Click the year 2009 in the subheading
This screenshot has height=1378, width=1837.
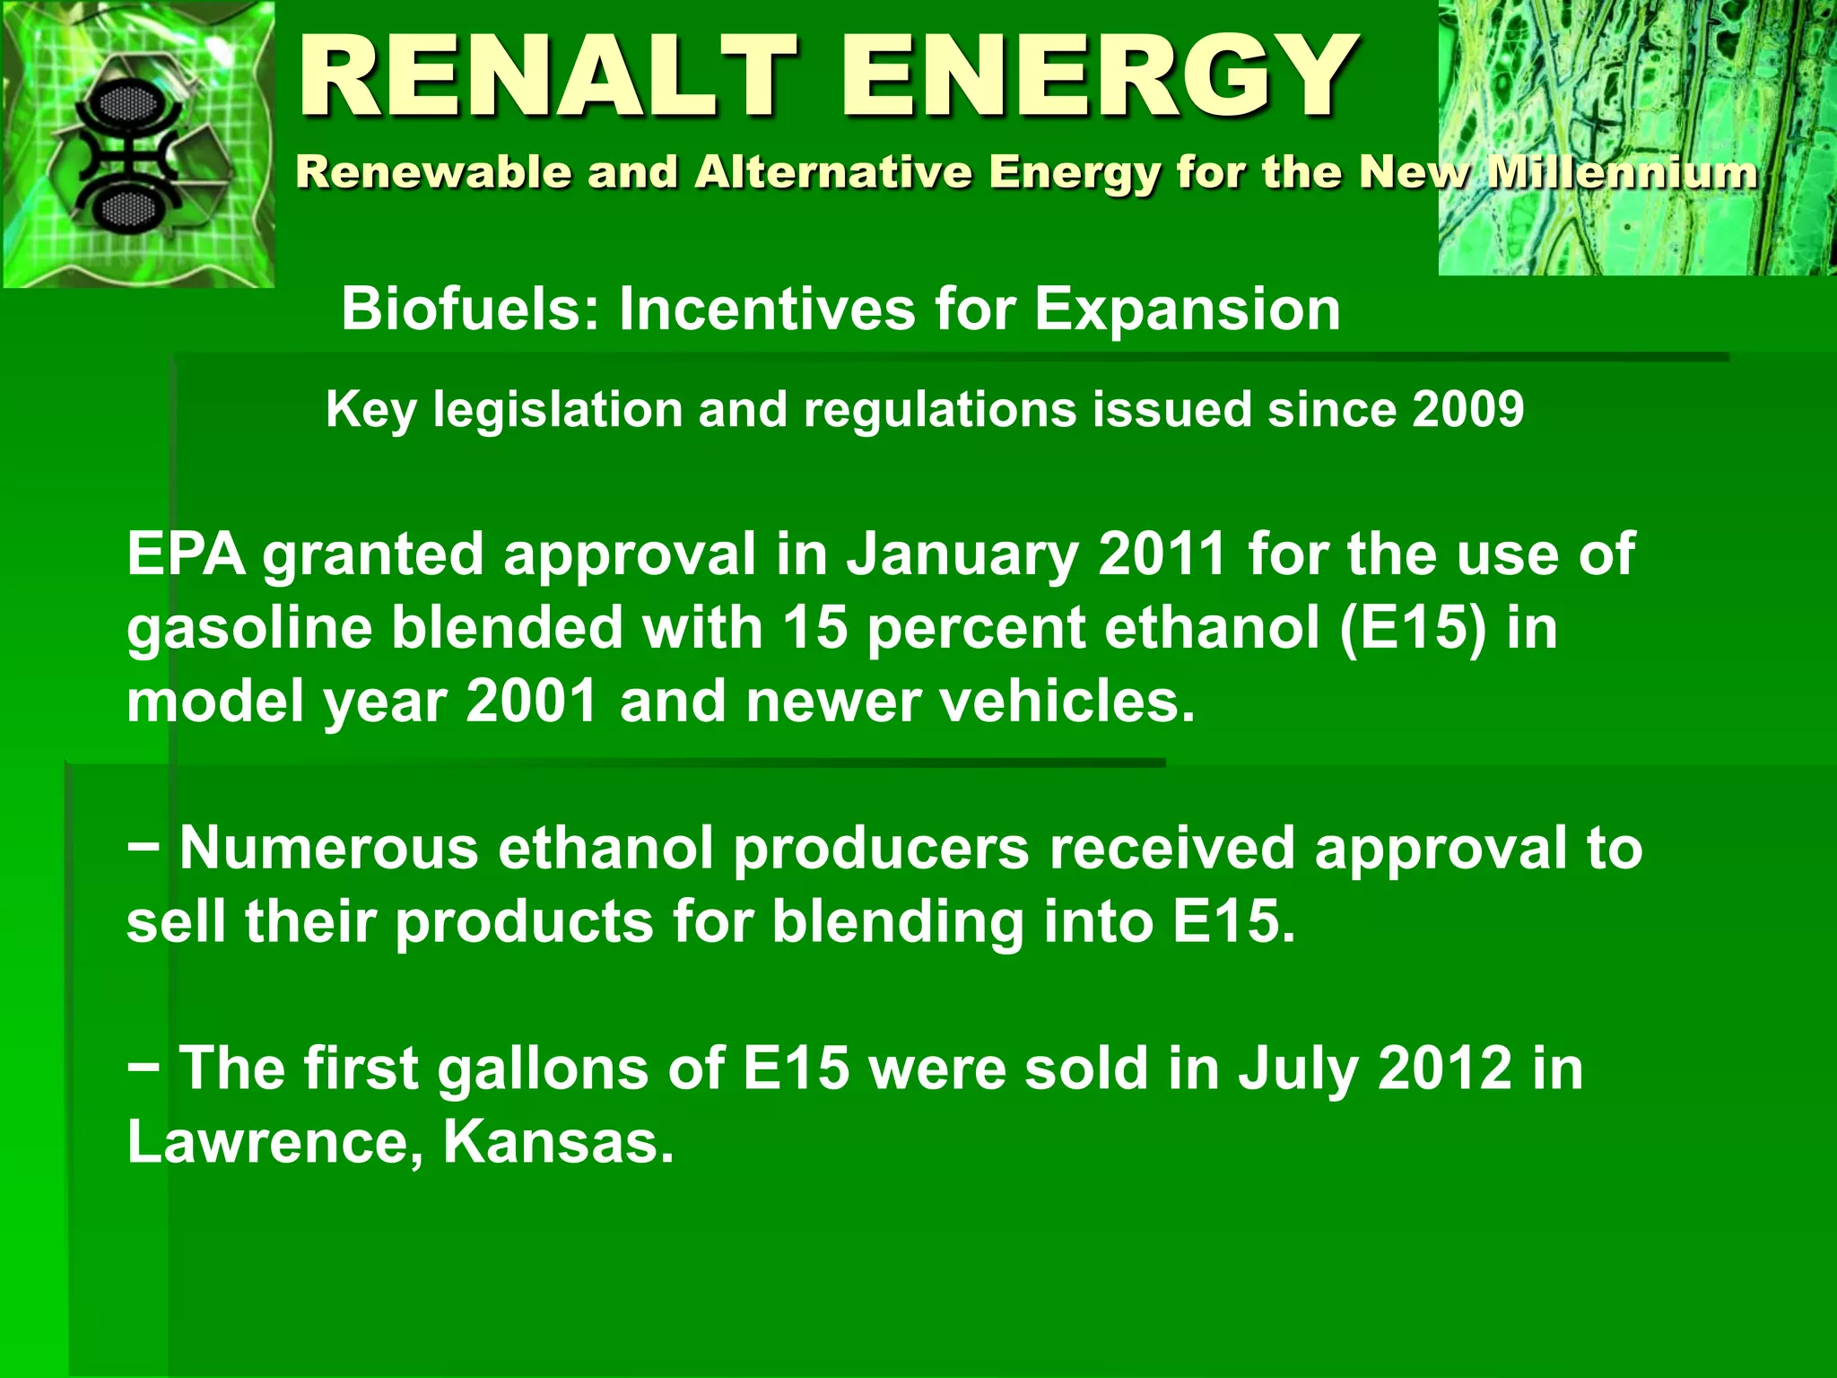coord(1467,410)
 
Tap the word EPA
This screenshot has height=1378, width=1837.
coord(186,554)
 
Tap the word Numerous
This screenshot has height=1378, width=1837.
coord(329,848)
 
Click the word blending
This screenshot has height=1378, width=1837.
coord(897,921)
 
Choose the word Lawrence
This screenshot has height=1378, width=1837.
coord(270,1142)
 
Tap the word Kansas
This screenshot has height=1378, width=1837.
coord(558,1142)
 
